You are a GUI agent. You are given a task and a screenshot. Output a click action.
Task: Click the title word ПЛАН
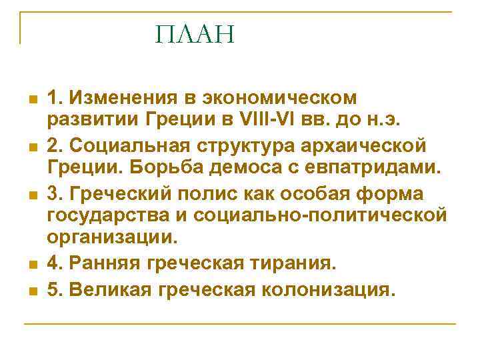pyautogui.click(x=195, y=35)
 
